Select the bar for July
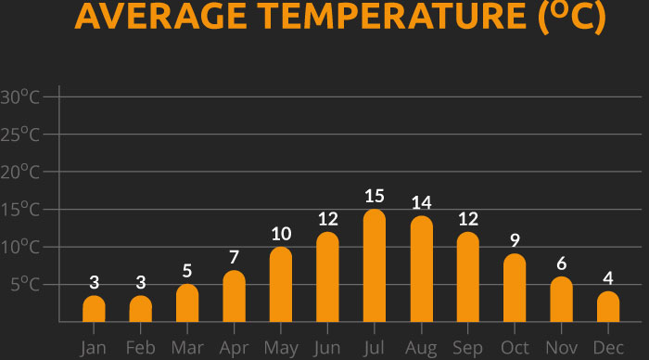point(374,266)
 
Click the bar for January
point(94,309)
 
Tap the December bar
point(607,307)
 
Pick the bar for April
point(234,297)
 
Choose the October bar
point(515,289)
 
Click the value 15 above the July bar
point(374,196)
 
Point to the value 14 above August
point(421,203)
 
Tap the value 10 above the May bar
point(281,234)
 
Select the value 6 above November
point(561,264)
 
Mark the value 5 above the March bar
point(187,271)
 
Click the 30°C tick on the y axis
point(20,97)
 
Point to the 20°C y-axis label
point(20,173)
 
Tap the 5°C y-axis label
point(25,285)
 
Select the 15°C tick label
point(20,210)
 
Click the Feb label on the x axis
point(140,347)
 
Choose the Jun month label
point(327,347)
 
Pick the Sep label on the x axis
point(468,347)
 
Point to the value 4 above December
point(608,278)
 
